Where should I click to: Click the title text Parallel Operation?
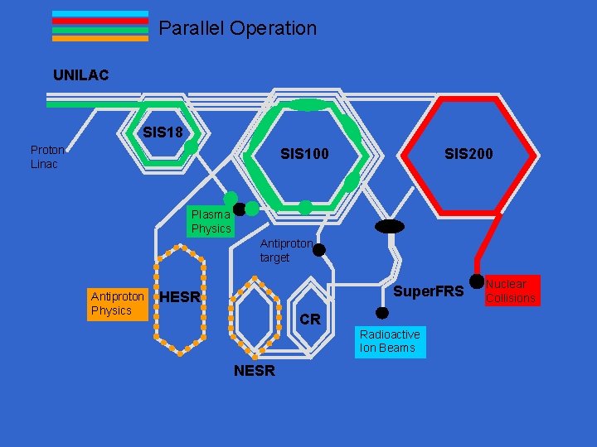(237, 28)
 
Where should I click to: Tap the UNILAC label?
(80, 75)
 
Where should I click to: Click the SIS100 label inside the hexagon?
(304, 154)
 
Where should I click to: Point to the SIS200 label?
(468, 154)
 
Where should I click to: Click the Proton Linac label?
(47, 156)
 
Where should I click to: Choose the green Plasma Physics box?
(211, 221)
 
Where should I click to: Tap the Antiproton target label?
(286, 251)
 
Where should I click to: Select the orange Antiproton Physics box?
(118, 303)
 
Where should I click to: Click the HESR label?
(180, 297)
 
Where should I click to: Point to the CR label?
(309, 320)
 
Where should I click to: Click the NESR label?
(254, 371)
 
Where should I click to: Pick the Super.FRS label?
(428, 292)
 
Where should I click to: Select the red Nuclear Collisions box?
(511, 291)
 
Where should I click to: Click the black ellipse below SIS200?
(389, 227)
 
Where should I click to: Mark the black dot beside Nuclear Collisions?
(477, 281)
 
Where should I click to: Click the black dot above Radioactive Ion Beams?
(382, 313)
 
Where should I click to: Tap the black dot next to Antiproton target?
(318, 250)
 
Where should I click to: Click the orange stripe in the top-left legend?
(99, 38)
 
